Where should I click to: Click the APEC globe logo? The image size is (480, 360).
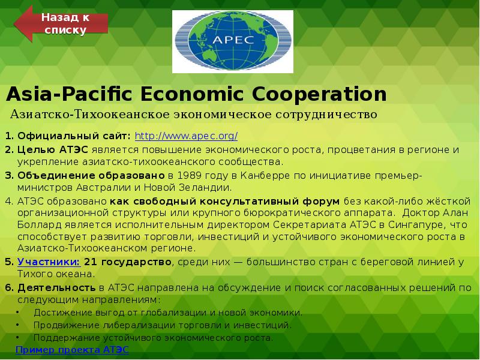coord(226,40)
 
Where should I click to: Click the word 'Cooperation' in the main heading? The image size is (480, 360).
coord(321,94)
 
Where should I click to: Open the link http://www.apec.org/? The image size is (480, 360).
coord(186,136)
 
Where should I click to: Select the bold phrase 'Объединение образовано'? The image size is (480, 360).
coord(91,175)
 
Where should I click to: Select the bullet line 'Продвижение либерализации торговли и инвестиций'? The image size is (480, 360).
coord(163,325)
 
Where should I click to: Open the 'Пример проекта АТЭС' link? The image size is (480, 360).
coord(72,349)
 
